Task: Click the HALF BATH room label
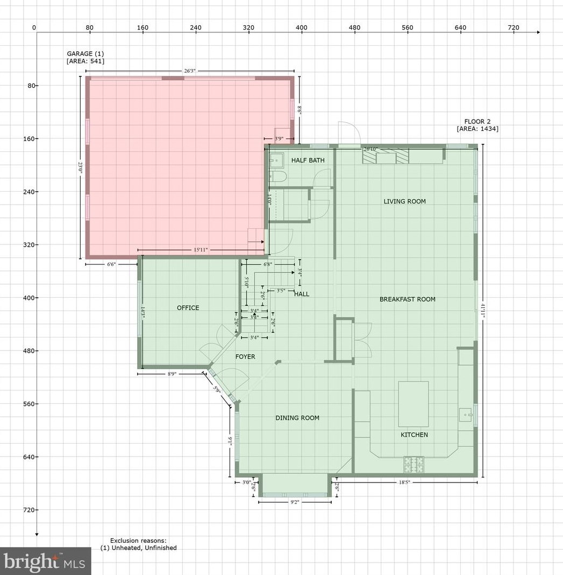point(308,160)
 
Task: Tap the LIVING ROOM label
point(404,201)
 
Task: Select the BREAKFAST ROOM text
point(407,299)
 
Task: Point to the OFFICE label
point(188,308)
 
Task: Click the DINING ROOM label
point(297,418)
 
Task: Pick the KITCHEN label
point(414,434)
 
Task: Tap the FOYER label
point(245,356)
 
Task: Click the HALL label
point(302,294)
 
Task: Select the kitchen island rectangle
point(413,404)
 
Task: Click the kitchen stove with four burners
point(414,461)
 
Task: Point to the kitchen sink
point(466,415)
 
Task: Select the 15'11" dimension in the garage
point(200,250)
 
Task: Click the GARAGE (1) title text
point(85,53)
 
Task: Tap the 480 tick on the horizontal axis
point(354,27)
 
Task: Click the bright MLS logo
point(46,562)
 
